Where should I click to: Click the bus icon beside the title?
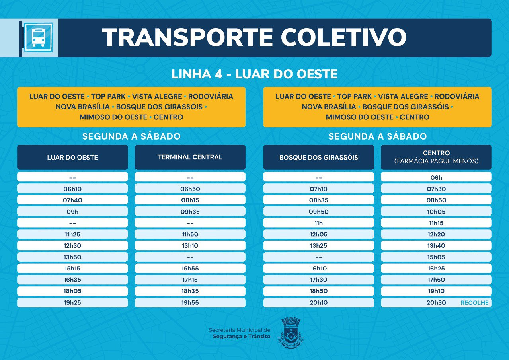click(38, 37)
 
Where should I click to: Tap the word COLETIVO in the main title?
click(343, 38)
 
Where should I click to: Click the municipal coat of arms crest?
click(291, 333)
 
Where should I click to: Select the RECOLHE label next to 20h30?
click(474, 303)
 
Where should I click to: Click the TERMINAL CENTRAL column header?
click(190, 157)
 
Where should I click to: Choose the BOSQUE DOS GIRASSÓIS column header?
click(318, 158)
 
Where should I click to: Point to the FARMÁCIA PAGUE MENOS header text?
click(436, 162)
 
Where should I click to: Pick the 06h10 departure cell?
click(72, 189)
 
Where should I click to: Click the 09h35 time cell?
click(190, 212)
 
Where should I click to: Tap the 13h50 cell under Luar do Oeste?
click(72, 257)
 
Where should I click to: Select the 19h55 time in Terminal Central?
click(190, 303)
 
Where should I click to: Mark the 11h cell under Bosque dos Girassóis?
click(318, 223)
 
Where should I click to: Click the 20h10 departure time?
click(318, 303)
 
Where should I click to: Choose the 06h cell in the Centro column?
click(436, 178)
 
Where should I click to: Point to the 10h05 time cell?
click(436, 212)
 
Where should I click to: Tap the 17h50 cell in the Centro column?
click(436, 280)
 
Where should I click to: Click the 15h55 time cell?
click(190, 269)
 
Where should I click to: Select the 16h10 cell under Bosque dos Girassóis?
click(318, 269)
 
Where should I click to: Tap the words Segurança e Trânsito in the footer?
click(242, 337)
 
